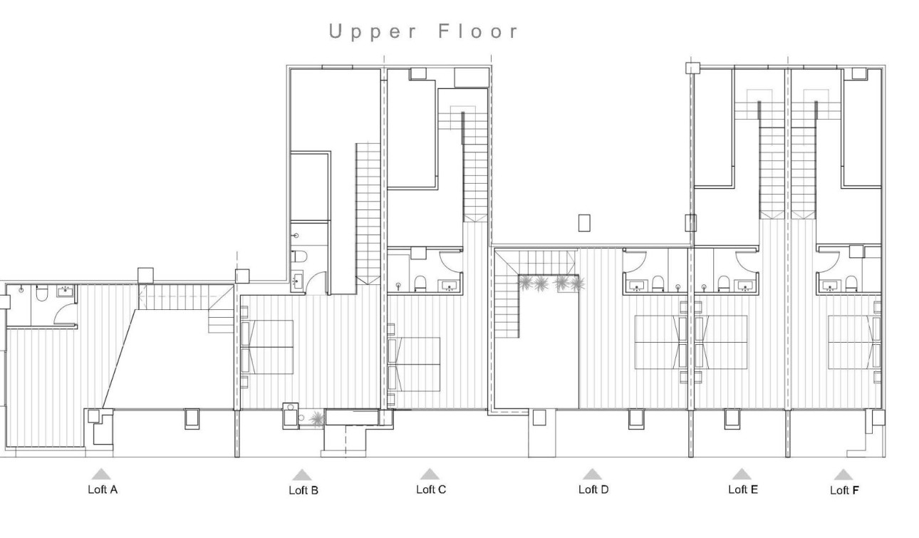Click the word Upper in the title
(x=371, y=32)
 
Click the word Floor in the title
(x=479, y=32)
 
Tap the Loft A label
(x=103, y=490)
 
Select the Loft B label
(x=303, y=490)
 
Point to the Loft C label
(x=431, y=490)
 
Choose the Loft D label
(x=593, y=490)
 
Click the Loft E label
(x=743, y=490)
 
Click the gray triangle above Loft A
(x=101, y=474)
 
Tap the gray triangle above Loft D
(x=592, y=474)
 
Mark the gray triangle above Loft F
(x=843, y=475)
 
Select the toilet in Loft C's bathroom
(x=420, y=284)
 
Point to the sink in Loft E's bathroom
(x=745, y=286)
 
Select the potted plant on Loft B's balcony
(x=316, y=420)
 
